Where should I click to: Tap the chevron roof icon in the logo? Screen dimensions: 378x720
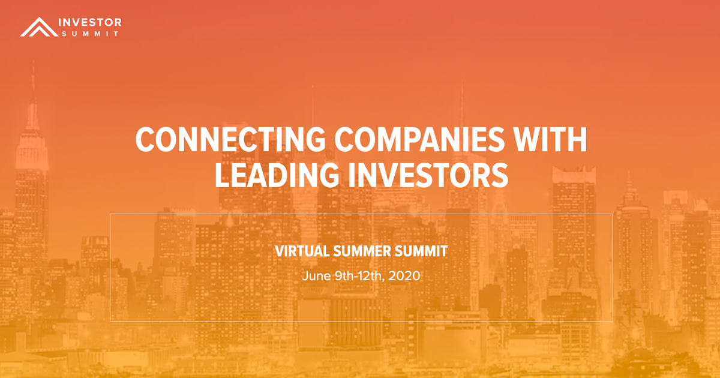pyautogui.click(x=36, y=27)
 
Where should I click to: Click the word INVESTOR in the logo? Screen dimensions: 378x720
pyautogui.click(x=90, y=22)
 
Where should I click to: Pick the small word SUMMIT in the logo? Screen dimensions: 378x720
pyautogui.click(x=90, y=34)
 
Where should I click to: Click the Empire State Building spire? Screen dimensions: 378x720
pyautogui.click(x=33, y=78)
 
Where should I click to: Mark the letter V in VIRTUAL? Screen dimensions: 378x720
pyautogui.click(x=280, y=252)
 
